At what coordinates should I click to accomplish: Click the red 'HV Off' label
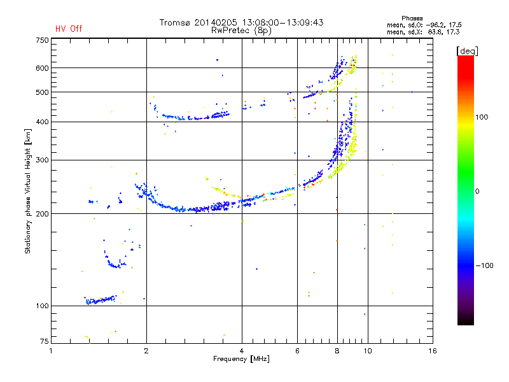click(69, 29)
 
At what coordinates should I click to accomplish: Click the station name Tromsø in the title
click(174, 22)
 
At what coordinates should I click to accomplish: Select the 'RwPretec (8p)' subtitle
click(241, 31)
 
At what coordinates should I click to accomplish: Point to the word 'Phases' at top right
click(412, 18)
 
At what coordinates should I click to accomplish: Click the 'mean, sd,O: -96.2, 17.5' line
click(424, 25)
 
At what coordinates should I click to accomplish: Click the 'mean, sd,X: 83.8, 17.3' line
click(423, 32)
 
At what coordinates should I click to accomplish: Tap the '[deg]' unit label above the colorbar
click(467, 51)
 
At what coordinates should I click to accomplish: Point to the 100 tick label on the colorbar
click(482, 117)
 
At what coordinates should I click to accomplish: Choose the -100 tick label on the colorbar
click(484, 265)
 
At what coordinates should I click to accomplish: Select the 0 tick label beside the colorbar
click(477, 192)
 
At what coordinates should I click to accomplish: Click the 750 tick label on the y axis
click(42, 40)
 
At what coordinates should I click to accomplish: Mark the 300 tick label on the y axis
click(42, 160)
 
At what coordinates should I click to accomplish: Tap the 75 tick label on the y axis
click(45, 341)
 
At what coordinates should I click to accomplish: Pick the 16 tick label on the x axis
click(433, 351)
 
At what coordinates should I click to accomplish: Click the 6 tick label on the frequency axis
click(297, 351)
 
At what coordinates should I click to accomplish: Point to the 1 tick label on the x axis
click(51, 351)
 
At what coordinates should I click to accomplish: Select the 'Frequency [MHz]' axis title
click(241, 359)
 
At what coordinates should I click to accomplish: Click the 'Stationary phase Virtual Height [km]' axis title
click(28, 192)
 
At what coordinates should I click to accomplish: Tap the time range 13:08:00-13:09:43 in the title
click(282, 22)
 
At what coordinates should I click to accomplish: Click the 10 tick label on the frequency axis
click(368, 351)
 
